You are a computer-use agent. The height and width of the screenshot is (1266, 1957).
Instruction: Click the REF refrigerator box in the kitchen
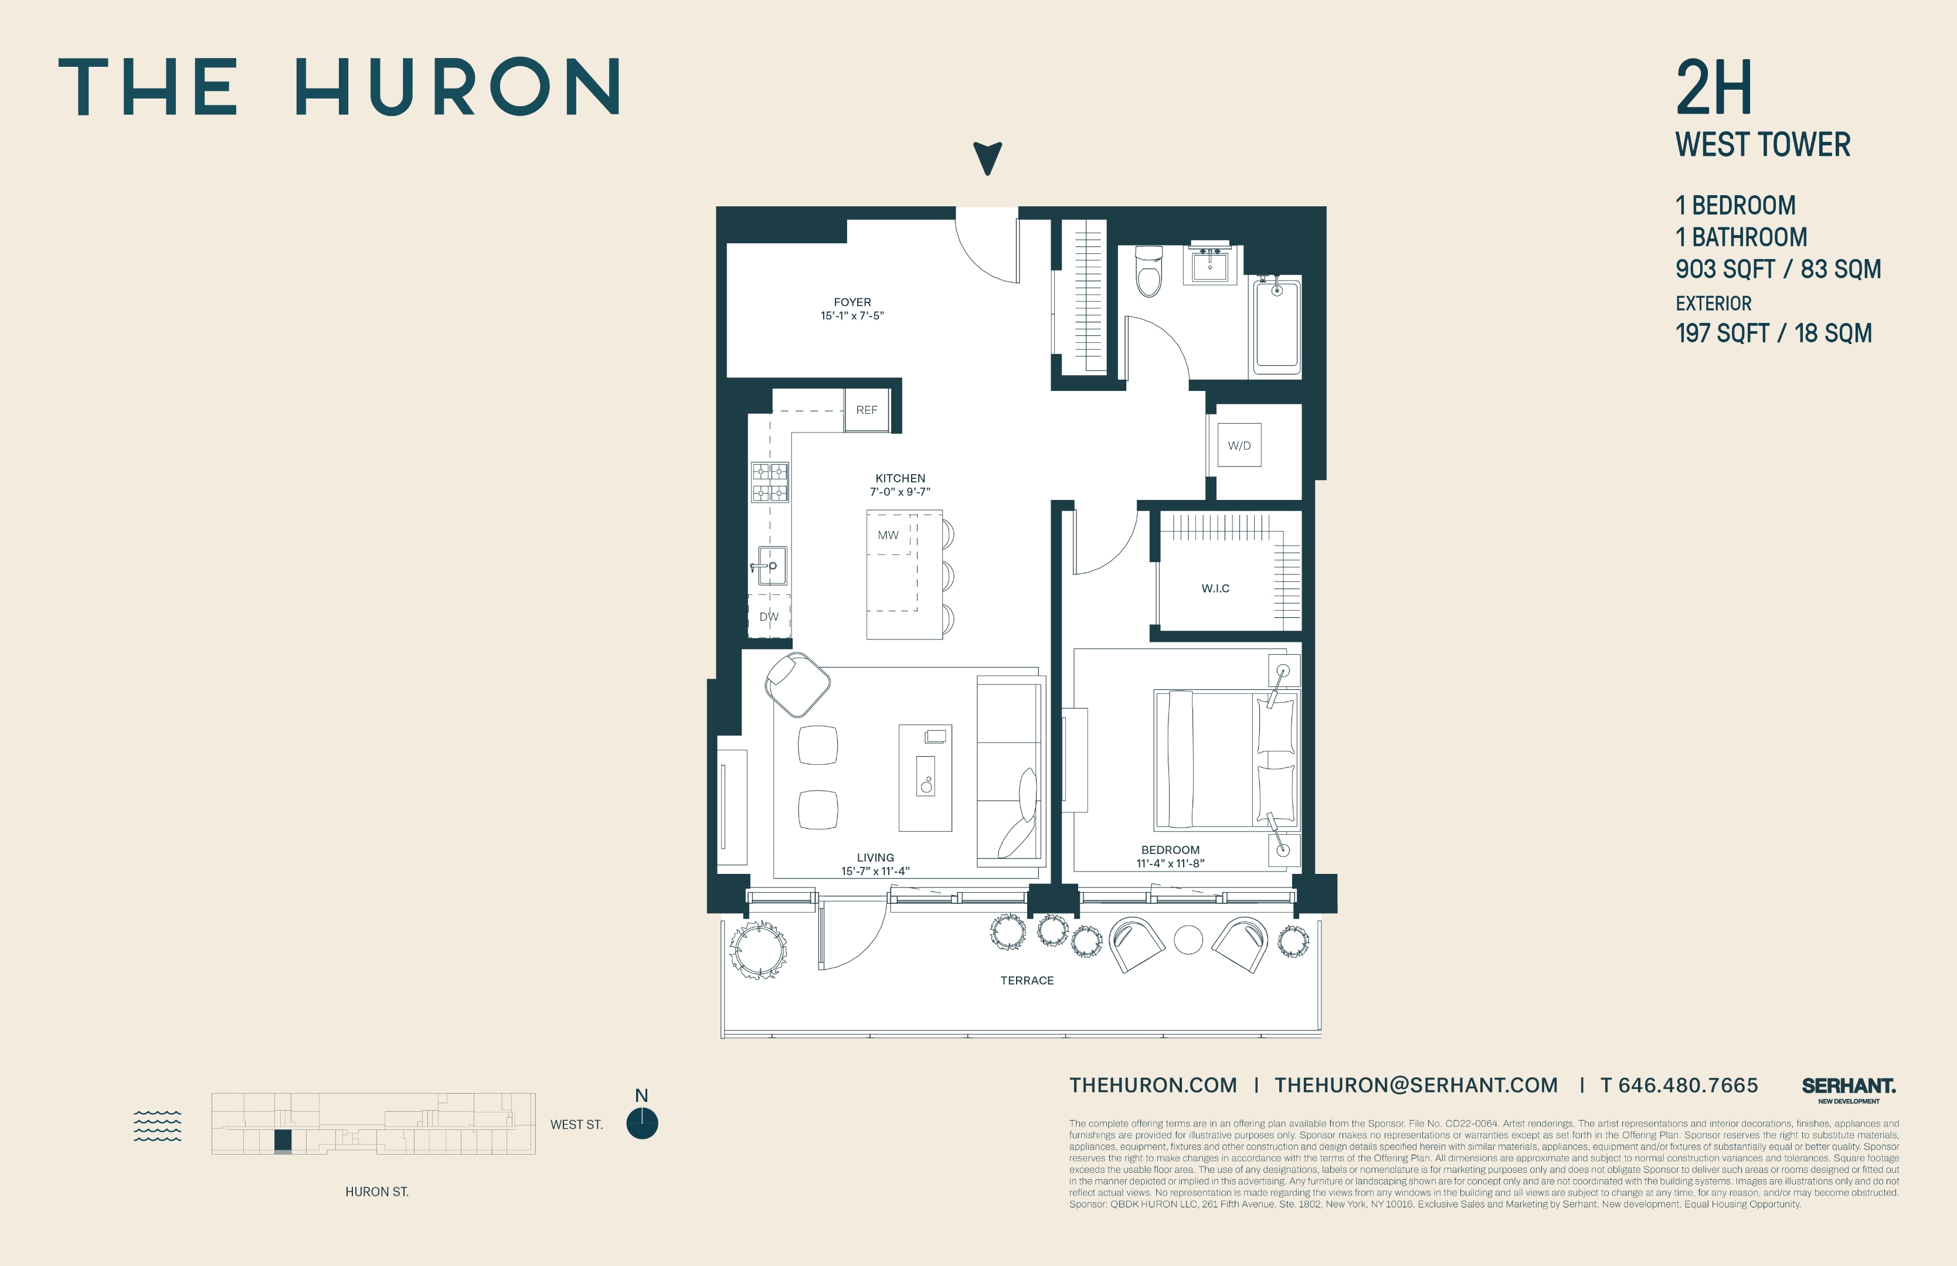point(867,409)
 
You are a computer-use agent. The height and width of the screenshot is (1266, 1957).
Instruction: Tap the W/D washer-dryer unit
point(1239,445)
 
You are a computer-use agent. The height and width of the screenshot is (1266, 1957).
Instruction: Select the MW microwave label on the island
point(888,535)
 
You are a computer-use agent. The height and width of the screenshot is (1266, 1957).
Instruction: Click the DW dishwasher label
point(769,617)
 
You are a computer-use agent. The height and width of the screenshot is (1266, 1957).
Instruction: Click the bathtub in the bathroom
point(1276,325)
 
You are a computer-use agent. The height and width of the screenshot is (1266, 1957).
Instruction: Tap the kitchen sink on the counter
point(772,566)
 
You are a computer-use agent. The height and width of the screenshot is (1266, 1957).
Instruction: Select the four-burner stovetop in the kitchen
point(770,482)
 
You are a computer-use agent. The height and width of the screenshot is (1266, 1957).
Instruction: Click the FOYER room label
point(852,302)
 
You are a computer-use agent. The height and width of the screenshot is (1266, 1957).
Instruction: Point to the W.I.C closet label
point(1215,588)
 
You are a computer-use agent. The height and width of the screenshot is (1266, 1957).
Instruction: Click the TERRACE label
point(1027,981)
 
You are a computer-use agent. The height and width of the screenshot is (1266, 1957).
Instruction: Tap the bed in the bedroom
point(1225,760)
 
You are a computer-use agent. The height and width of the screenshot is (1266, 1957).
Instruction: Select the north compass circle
point(642,1124)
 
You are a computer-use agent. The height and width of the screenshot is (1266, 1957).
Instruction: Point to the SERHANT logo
point(1849,1087)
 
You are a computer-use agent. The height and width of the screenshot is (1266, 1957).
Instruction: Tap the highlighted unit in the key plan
point(283,1141)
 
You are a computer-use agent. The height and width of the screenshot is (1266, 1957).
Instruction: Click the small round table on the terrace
point(1188,940)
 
